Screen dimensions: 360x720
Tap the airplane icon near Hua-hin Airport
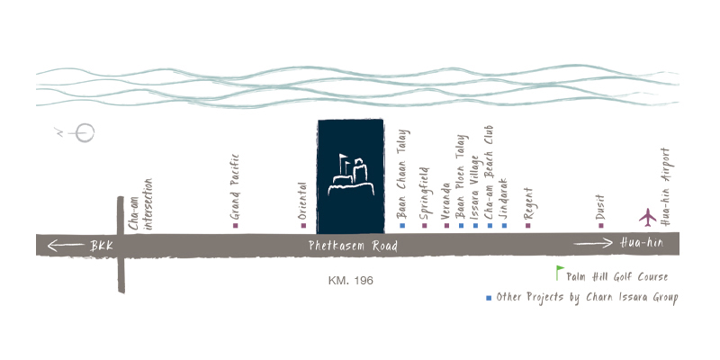(x=647, y=217)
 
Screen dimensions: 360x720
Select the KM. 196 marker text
(x=351, y=281)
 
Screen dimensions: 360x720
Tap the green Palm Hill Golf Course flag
(x=559, y=273)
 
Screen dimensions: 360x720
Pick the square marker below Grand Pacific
(x=235, y=225)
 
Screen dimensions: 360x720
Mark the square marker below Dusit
(x=601, y=225)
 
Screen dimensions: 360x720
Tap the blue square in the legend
(x=489, y=297)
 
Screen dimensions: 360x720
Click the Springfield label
(x=425, y=192)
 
